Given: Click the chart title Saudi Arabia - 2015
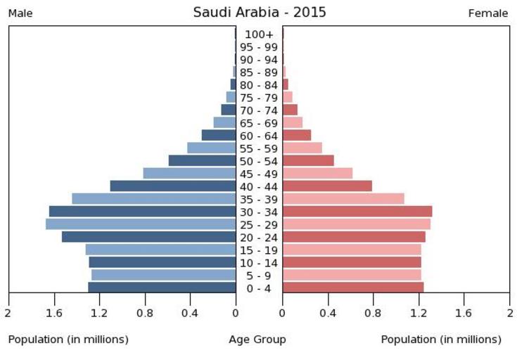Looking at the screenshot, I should pos(260,13).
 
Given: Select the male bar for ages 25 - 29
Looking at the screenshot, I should pos(141,224).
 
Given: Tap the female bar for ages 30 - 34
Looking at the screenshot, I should pos(357,212).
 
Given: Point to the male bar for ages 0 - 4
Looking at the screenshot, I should pos(162,288).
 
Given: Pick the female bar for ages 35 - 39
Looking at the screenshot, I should pos(343,199).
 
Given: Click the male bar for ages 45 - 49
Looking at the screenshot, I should pos(189,174).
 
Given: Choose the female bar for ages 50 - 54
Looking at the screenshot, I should pos(308,161).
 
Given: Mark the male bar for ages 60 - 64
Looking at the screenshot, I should pos(219,135).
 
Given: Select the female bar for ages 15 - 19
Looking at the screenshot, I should pos(352,250).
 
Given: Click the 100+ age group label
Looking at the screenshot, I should pos(259,34).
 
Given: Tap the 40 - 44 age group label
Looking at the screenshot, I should pos(259,186).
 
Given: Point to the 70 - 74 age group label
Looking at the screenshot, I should pos(259,110).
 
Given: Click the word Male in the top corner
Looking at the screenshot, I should pos(20,13).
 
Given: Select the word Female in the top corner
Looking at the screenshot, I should pos(488,13).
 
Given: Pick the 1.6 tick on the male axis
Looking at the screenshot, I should pos(54,313).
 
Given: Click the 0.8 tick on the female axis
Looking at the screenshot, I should pos(374,313).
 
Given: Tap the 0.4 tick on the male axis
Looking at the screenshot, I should pos(190,313).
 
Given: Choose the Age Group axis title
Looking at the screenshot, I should pos(257,340).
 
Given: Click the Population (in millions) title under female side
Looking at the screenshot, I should pos(441,340).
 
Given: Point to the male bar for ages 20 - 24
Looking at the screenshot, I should pos(148,237).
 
